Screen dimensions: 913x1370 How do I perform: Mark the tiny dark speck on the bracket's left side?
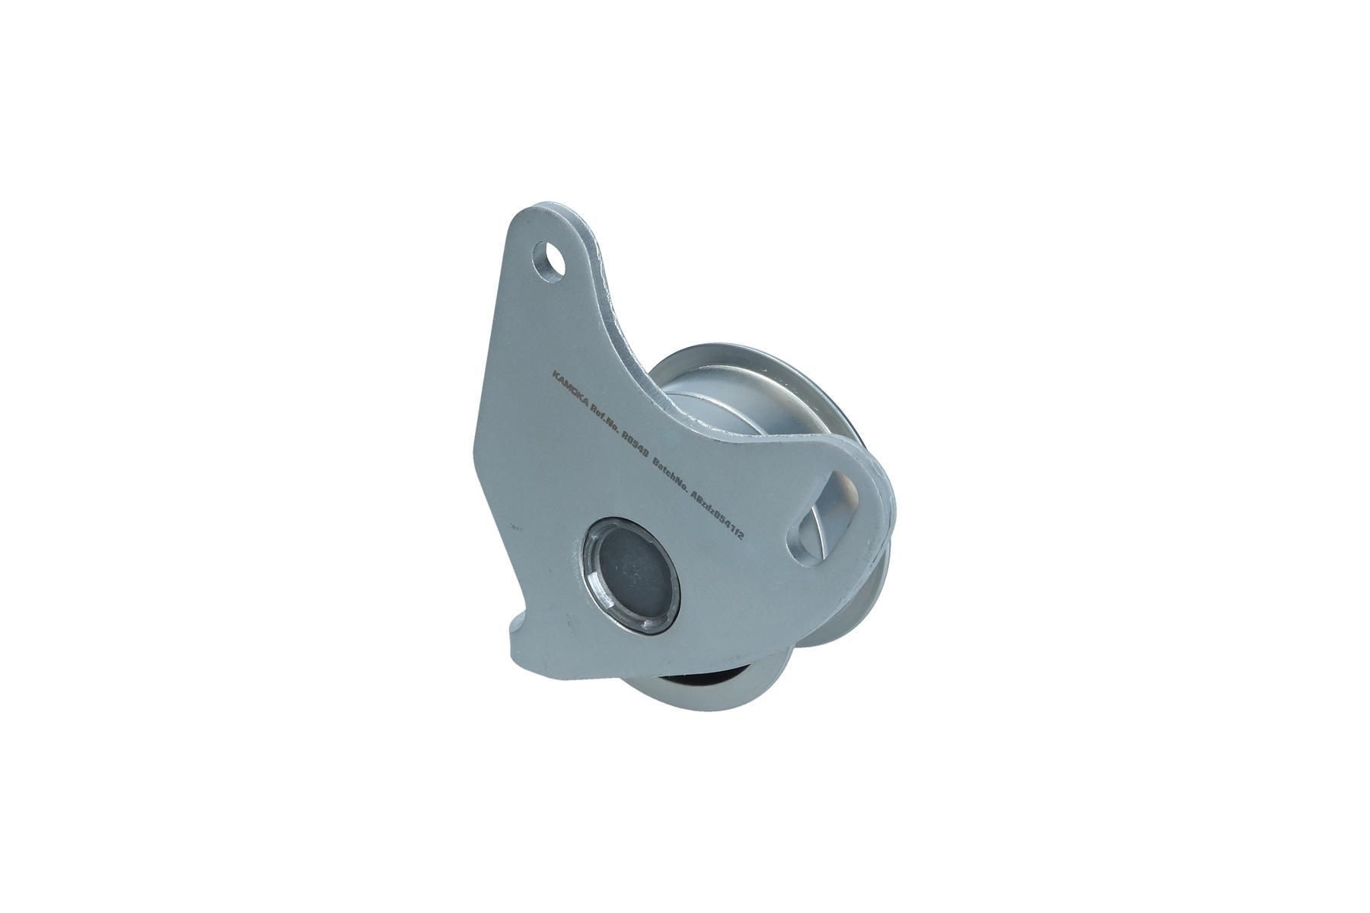tap(515, 525)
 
